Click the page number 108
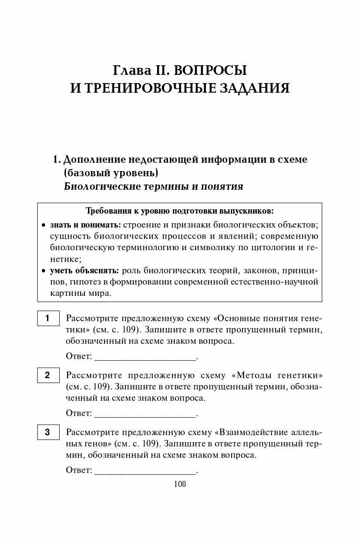[x=180, y=484]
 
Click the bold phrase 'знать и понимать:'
[x=85, y=225]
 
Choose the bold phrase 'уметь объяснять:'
[x=85, y=270]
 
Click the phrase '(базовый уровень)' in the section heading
[x=111, y=173]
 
